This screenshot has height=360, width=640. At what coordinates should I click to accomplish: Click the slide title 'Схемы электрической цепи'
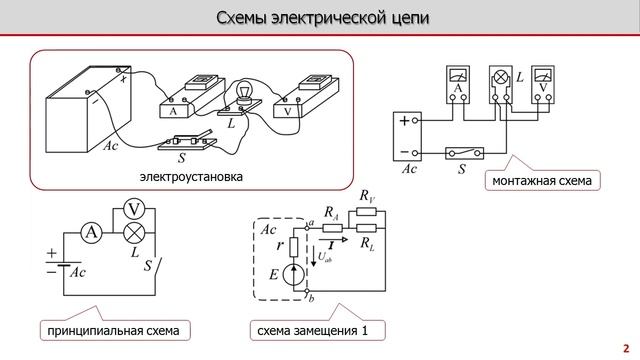[x=319, y=19]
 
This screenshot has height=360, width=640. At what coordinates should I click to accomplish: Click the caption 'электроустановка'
[x=192, y=176]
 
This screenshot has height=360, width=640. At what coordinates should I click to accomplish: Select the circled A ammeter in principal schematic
[x=92, y=232]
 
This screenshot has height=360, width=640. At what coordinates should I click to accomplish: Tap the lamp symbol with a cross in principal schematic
[x=132, y=232]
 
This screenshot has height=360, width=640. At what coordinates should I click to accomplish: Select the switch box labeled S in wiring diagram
[x=463, y=153]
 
